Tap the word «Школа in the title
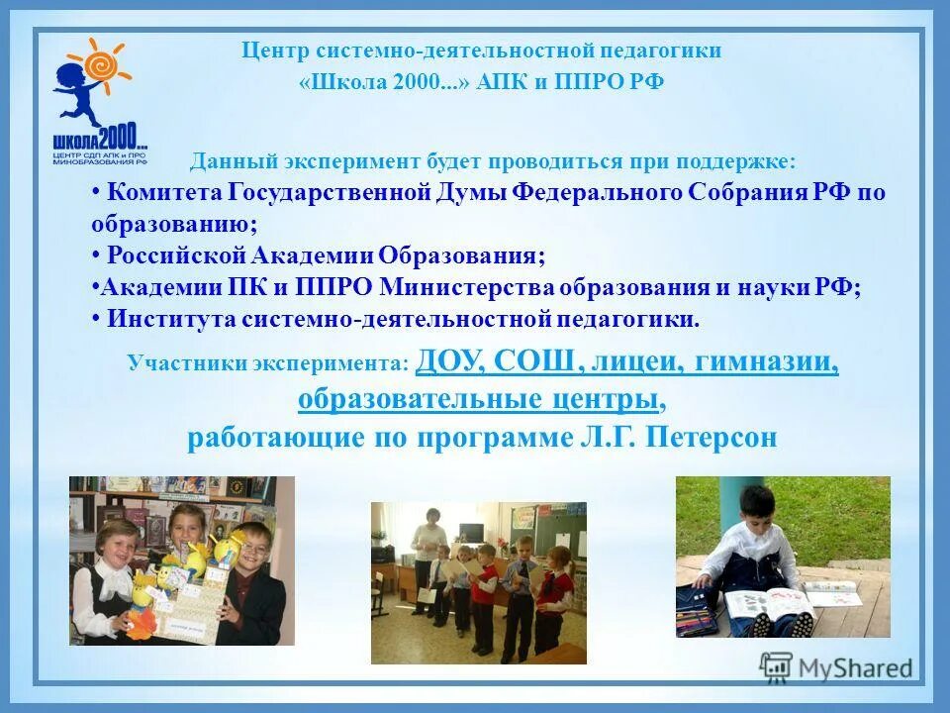click(x=342, y=82)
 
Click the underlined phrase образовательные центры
click(x=477, y=399)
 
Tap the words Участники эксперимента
click(x=267, y=363)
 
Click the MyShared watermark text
click(x=857, y=667)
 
